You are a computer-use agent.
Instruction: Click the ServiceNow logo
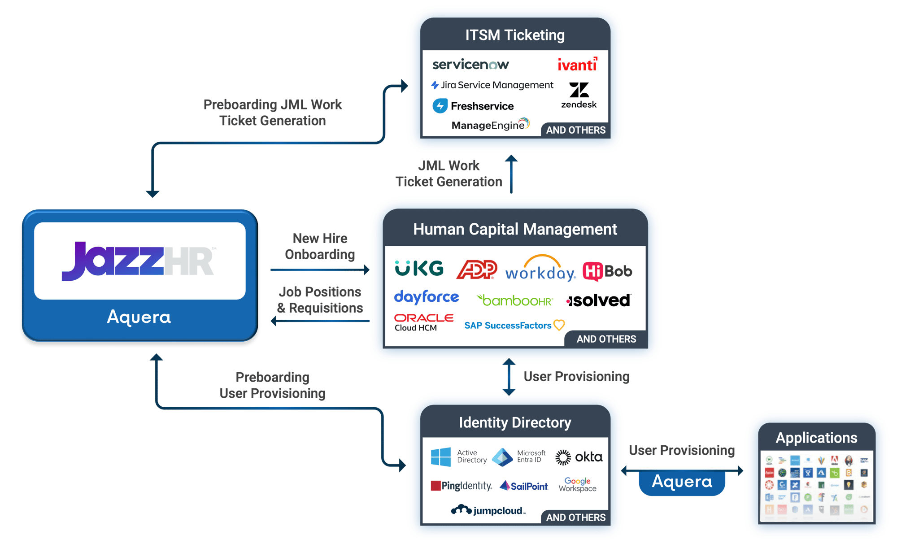[x=470, y=65]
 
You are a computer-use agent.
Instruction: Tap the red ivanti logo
[x=577, y=65]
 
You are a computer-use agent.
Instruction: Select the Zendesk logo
[x=579, y=95]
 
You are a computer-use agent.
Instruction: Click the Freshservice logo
[x=473, y=106]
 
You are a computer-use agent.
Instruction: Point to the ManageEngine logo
[x=490, y=125]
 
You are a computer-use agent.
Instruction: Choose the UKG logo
[x=419, y=268]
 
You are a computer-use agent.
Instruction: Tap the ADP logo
[x=477, y=270]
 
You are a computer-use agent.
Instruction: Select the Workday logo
[x=540, y=269]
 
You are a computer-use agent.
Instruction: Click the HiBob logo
[x=607, y=271]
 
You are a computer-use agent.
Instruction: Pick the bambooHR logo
[x=515, y=300]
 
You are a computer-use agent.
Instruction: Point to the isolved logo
[x=599, y=300]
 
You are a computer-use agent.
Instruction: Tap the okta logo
[x=579, y=457]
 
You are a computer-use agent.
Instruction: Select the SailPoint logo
[x=524, y=486]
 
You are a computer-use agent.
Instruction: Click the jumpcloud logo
[x=488, y=510]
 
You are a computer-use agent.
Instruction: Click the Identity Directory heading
[x=515, y=422]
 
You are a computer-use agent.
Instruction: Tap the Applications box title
[x=816, y=438]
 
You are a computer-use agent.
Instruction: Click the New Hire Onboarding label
[x=320, y=246]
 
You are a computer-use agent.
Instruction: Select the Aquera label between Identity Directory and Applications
[x=682, y=482]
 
